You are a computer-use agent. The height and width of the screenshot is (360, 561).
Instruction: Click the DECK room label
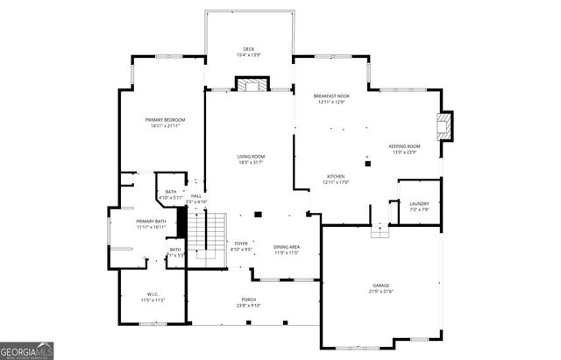click(248, 49)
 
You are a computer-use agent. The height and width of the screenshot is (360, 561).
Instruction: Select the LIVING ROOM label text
click(251, 157)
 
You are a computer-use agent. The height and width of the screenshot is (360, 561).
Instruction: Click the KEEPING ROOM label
click(404, 146)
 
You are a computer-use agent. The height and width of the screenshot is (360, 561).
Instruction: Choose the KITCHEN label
click(336, 176)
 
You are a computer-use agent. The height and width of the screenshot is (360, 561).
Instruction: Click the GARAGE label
click(381, 286)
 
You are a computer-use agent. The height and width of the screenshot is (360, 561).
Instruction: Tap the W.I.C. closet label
click(153, 294)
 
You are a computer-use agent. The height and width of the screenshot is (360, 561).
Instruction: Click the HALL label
click(196, 195)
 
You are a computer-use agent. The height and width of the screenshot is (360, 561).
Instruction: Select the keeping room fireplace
click(447, 126)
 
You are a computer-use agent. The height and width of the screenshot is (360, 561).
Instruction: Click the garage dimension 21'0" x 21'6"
click(381, 291)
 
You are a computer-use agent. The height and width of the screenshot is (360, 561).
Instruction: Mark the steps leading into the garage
click(380, 230)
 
